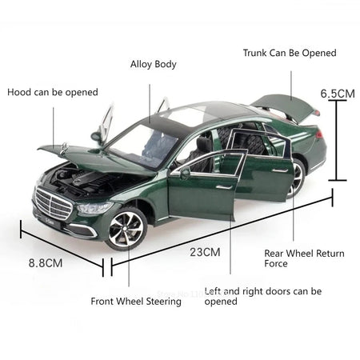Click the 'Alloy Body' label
[154, 64]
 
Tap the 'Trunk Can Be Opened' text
[290, 53]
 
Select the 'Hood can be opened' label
[53, 92]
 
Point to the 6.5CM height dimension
[338, 94]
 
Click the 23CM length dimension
[205, 252]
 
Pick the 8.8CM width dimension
[46, 263]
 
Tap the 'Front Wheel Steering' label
[136, 302]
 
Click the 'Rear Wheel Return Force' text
[304, 258]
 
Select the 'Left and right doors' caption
[263, 296]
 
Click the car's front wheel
[126, 229]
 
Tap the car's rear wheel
[296, 178]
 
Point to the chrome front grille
[54, 204]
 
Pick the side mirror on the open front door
[185, 173]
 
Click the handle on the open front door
[224, 187]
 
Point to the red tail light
[319, 134]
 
